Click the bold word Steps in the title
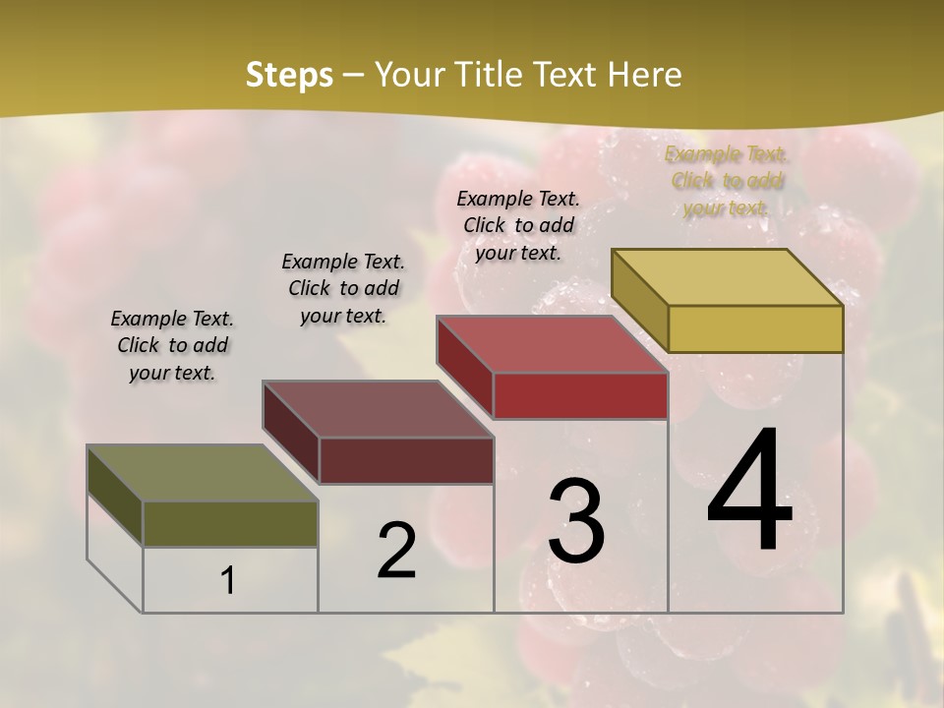click(289, 75)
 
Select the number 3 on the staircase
click(576, 521)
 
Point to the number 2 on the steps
click(397, 552)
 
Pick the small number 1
click(228, 581)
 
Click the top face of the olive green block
click(202, 473)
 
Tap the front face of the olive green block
click(230, 523)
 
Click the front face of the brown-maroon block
click(406, 460)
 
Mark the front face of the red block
click(580, 395)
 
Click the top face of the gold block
click(727, 277)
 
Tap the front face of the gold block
click(755, 328)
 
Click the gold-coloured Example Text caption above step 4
click(726, 181)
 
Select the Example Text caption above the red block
click(518, 225)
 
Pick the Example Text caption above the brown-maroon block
click(343, 288)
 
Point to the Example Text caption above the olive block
click(172, 345)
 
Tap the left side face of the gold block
click(639, 300)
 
